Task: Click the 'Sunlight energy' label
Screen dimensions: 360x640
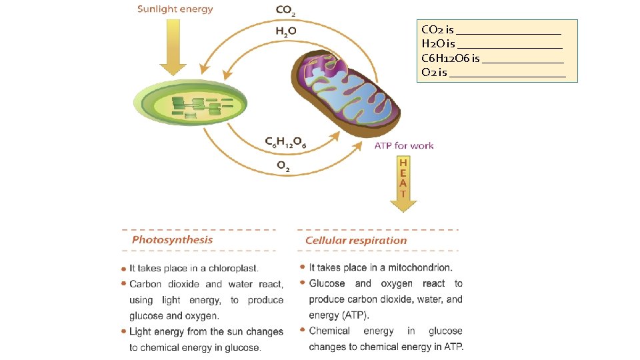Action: [x=175, y=9]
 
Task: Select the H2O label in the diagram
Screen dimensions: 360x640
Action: [x=286, y=31]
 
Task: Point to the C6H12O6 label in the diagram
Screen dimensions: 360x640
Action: [x=285, y=142]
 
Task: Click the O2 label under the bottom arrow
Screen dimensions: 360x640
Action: [x=283, y=166]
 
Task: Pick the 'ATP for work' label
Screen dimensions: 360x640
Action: [x=404, y=145]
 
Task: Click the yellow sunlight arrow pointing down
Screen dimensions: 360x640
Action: [x=173, y=47]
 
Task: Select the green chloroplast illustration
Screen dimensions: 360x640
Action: [x=187, y=103]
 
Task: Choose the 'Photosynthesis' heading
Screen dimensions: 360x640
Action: [x=173, y=240]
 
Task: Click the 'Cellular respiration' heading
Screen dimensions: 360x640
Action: [x=356, y=241]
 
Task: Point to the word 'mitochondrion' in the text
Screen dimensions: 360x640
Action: [x=419, y=267]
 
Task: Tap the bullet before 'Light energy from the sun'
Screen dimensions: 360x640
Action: [x=123, y=331]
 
